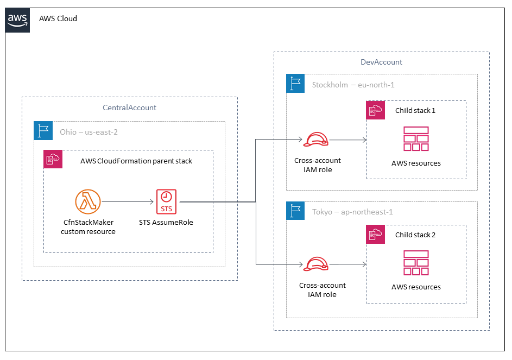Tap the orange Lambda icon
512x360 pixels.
click(88, 203)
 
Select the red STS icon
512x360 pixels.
click(166, 202)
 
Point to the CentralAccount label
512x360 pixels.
click(130, 108)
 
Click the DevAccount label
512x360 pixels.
click(381, 62)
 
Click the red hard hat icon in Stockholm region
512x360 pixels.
click(315, 140)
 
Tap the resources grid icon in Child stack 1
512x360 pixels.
click(416, 139)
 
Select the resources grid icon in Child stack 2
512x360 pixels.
click(416, 263)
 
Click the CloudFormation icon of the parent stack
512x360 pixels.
click(53, 160)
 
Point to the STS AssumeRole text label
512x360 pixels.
click(166, 222)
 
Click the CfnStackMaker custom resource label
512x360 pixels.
click(88, 227)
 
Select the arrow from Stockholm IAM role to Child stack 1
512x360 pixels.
click(347, 140)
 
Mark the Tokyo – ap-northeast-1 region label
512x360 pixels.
click(352, 212)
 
